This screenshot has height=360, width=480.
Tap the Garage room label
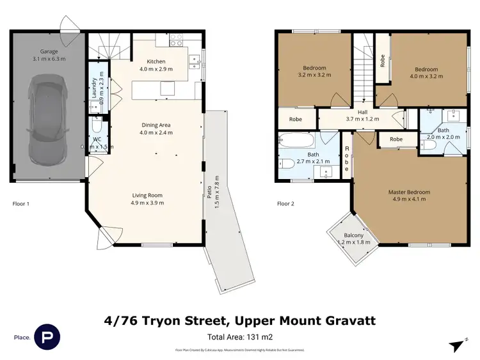[49, 55]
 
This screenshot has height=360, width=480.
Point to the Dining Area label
[156, 129]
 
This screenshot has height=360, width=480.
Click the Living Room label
[148, 199]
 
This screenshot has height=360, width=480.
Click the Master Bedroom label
[409, 195]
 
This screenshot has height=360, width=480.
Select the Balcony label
[354, 239]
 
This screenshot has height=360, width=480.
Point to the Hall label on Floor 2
[362, 115]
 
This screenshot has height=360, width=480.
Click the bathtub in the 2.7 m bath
[298, 141]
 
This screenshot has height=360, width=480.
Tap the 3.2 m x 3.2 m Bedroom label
[314, 72]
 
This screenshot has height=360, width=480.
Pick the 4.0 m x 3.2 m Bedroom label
[426, 73]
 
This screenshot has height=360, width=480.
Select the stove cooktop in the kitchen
[177, 43]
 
